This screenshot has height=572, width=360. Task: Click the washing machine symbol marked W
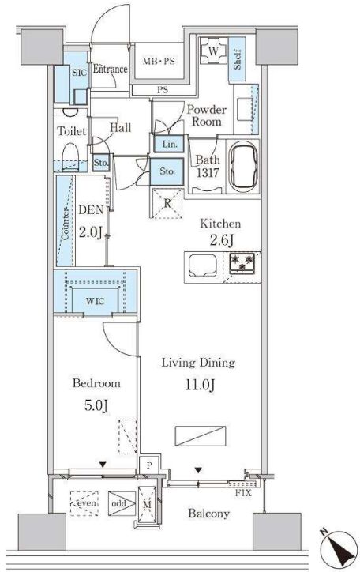click(x=213, y=51)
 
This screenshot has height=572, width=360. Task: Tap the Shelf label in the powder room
click(x=237, y=59)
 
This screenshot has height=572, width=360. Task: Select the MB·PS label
click(x=158, y=61)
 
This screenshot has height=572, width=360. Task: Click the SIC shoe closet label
click(x=79, y=72)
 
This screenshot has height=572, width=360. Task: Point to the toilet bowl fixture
click(x=70, y=157)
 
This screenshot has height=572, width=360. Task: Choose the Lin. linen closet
click(x=170, y=144)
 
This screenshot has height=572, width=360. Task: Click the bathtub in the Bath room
click(x=242, y=167)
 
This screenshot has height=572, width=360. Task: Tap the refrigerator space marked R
click(x=167, y=203)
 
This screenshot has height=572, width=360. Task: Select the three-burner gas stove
click(x=242, y=262)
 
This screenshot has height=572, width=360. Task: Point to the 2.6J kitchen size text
click(x=221, y=240)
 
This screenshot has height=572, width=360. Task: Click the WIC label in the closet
click(x=95, y=301)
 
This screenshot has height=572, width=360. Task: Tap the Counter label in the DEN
click(x=66, y=224)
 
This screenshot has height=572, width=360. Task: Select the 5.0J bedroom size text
click(x=96, y=405)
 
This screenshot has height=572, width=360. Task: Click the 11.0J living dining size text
click(x=200, y=385)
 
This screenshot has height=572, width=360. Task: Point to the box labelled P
click(x=150, y=465)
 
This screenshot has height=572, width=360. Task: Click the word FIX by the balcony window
click(x=243, y=493)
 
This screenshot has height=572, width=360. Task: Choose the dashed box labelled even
click(x=84, y=503)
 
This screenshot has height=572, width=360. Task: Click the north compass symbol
click(x=339, y=548)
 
